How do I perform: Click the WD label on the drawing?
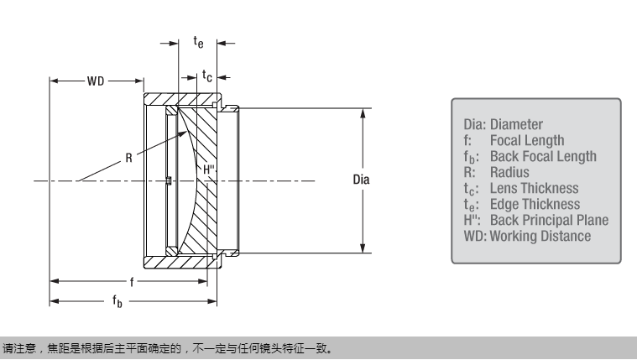tap(97, 81)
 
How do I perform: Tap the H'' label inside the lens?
tap(211, 170)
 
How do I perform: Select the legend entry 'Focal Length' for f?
tap(527, 140)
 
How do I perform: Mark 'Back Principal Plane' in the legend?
tap(549, 220)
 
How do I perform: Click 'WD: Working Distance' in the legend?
tap(527, 236)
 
